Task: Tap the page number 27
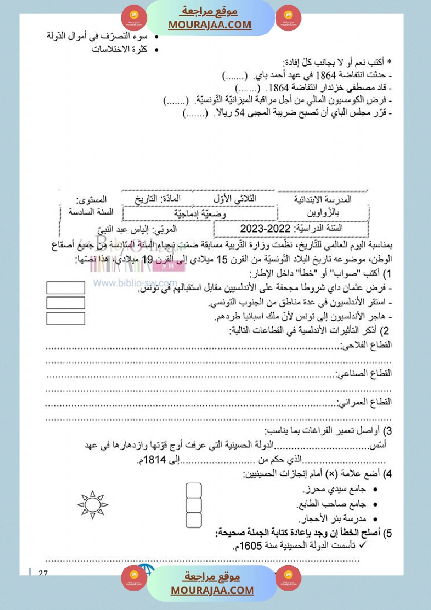click(x=43, y=573)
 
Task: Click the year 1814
click(x=155, y=460)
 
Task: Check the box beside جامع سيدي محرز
click(x=194, y=491)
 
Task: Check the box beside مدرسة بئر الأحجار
click(x=194, y=520)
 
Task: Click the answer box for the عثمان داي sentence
click(x=66, y=288)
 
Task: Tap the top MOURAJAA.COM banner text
click(x=210, y=25)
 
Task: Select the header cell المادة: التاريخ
click(x=156, y=199)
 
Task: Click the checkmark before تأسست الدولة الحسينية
click(x=364, y=546)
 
